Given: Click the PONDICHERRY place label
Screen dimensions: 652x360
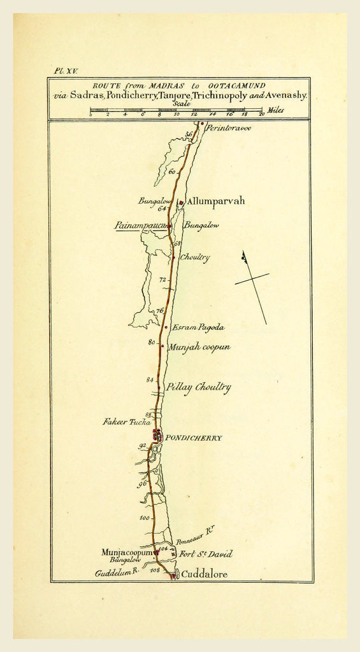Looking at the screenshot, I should [194, 438].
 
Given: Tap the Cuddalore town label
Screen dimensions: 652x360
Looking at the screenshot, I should [205, 574].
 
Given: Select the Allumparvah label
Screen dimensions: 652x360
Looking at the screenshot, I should [216, 201].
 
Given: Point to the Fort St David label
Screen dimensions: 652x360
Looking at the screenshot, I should [206, 554].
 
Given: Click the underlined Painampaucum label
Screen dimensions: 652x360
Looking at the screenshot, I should [141, 225].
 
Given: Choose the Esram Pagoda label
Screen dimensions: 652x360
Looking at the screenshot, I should [198, 327].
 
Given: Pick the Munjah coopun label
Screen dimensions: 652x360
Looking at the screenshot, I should [199, 347].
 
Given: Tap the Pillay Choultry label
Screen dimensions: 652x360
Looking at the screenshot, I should [198, 387].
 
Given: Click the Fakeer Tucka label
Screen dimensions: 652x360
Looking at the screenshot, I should [127, 422].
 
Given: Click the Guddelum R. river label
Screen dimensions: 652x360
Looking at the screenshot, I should [117, 573].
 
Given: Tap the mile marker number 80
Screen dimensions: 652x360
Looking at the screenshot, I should [152, 342].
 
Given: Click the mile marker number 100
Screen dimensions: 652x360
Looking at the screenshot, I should [145, 518].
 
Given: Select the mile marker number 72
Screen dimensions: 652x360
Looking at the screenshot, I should [162, 280].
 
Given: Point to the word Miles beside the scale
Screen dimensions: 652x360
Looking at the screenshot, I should [276, 110].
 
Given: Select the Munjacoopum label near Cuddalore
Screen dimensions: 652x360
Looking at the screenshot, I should [127, 552].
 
